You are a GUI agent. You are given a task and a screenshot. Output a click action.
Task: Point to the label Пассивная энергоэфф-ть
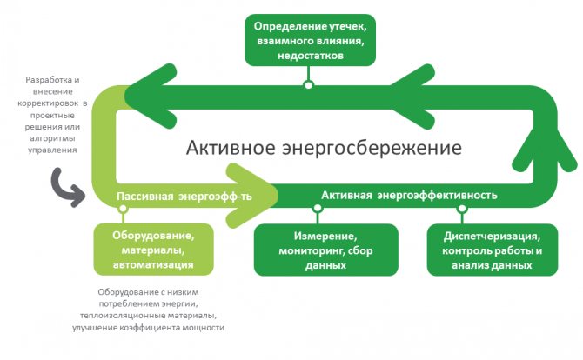[x=185, y=197]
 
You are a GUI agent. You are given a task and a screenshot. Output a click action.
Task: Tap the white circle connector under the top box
[x=307, y=84]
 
